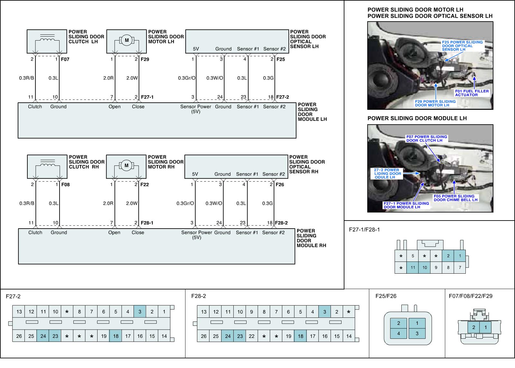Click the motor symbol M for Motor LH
(126, 40)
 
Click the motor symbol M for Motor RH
(126, 165)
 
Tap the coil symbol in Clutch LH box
(47, 40)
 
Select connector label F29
(145, 59)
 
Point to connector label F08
(65, 184)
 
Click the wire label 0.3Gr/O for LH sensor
(187, 78)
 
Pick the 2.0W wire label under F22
(132, 203)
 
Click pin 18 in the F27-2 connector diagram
(116, 336)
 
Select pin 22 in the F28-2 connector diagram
(252, 336)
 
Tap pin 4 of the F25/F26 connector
(398, 334)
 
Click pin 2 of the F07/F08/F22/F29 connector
(473, 328)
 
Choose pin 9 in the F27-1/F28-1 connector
(436, 267)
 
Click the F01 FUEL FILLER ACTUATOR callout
(472, 93)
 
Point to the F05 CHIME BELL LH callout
(455, 198)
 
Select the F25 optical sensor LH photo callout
(462, 46)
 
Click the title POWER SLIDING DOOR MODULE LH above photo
(417, 118)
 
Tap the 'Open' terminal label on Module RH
(114, 232)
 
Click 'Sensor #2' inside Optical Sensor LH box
(275, 49)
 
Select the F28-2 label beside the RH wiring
(282, 223)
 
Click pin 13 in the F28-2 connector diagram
(204, 312)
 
